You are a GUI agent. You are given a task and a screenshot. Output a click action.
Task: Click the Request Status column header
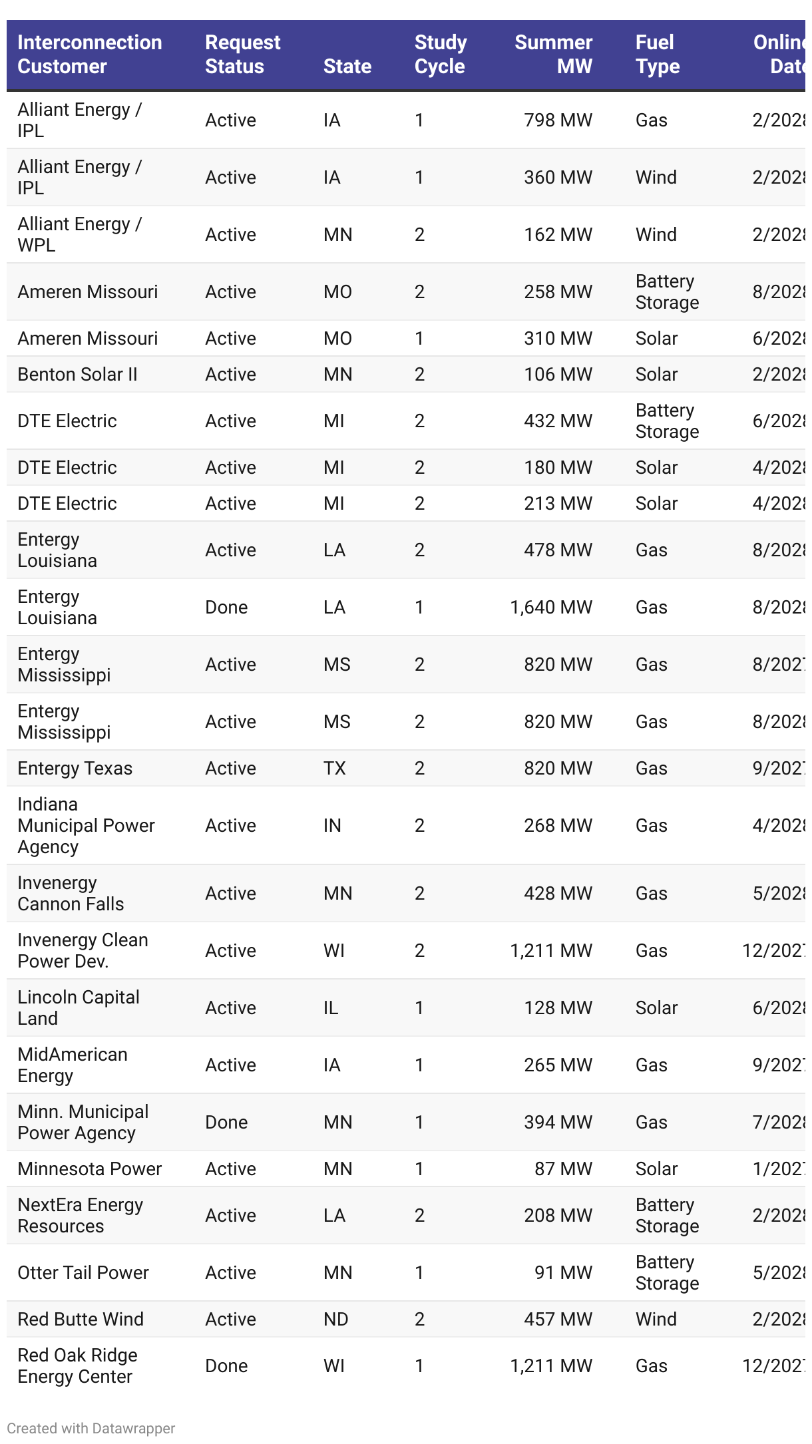242,55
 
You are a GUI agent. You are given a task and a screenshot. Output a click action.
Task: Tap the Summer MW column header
553,55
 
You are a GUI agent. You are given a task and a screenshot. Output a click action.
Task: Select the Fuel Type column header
658,55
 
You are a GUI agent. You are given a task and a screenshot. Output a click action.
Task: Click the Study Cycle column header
440,55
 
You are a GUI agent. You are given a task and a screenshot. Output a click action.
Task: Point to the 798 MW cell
558,120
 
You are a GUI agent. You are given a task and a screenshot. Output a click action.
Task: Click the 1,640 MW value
551,608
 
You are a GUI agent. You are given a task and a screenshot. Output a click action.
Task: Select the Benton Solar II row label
77,375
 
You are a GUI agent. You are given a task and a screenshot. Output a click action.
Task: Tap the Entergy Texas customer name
75,769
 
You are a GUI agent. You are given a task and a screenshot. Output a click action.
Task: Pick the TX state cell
334,769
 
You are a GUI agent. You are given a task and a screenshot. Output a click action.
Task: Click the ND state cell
335,1320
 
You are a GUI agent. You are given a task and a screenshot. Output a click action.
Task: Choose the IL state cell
331,1008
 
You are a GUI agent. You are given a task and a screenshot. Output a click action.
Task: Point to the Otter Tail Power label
83,1273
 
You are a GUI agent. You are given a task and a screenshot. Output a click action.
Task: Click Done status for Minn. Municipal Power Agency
226,1123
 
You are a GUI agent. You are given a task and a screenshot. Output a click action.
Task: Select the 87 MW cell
563,1169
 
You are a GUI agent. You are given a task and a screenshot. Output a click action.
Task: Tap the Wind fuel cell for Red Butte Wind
656,1320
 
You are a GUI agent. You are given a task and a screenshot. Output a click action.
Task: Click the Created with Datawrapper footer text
91,1429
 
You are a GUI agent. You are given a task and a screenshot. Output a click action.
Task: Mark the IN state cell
332,826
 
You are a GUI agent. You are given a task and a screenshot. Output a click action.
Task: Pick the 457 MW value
558,1320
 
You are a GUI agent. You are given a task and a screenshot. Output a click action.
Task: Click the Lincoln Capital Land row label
78,1008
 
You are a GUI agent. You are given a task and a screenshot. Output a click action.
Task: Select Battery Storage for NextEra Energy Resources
667,1216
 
